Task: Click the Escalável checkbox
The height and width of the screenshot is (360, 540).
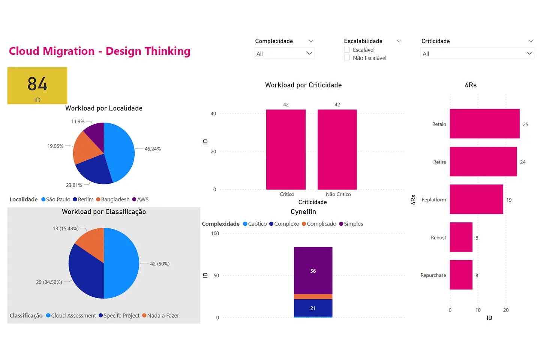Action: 347,50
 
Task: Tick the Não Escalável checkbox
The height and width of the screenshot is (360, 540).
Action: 347,58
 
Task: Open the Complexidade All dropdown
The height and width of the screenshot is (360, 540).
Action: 284,54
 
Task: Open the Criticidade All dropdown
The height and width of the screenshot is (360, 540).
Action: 477,54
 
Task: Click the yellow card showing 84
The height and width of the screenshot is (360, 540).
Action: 37,85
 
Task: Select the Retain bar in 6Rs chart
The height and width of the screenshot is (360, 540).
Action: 484,124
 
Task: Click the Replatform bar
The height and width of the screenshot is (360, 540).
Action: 476,199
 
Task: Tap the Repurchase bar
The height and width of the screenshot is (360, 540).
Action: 461,275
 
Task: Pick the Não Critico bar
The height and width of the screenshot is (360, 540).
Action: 337,149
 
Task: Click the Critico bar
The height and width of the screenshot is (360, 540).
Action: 286,149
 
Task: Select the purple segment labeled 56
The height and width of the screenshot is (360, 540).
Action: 313,270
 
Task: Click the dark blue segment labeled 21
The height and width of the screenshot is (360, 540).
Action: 313,308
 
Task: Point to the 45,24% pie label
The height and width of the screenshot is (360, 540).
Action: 153,149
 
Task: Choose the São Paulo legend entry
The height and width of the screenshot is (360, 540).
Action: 56,199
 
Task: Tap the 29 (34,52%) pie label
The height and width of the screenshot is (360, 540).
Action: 49,282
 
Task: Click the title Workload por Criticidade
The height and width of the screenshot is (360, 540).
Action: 303,85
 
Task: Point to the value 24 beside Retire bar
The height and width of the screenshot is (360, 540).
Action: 523,162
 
